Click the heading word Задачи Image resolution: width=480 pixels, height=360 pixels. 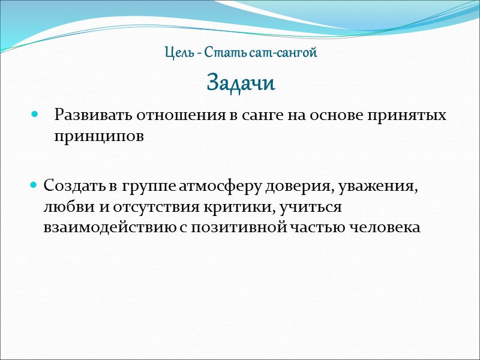[x=241, y=83]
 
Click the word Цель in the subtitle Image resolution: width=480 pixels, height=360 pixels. [x=177, y=53]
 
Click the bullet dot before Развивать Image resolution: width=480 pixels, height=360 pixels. [x=34, y=114]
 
